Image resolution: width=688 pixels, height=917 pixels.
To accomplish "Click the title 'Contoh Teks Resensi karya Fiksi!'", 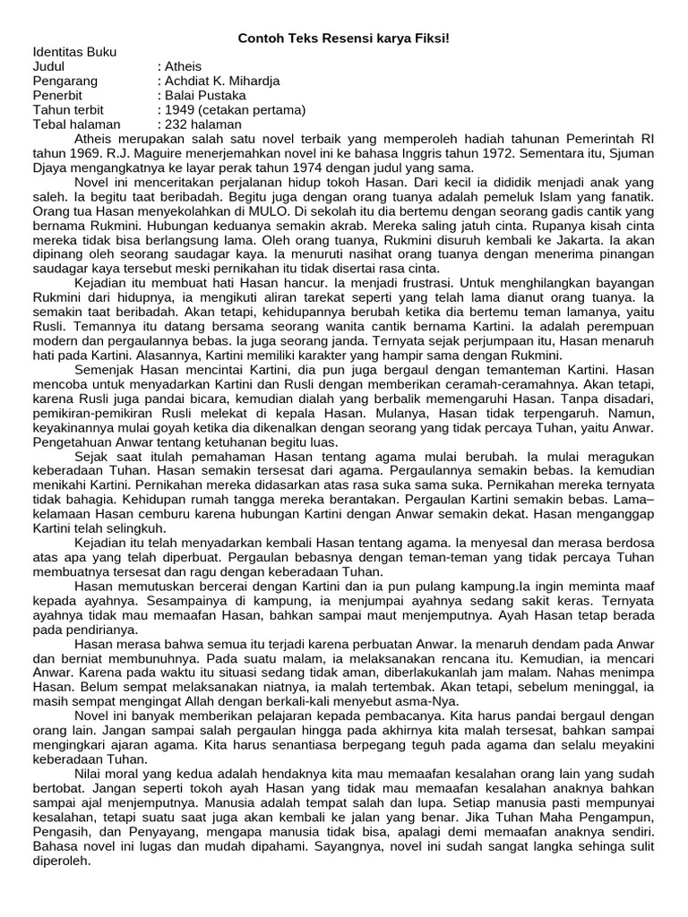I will click(x=343, y=39).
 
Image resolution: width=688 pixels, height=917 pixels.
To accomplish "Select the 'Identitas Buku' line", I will click(x=74, y=52).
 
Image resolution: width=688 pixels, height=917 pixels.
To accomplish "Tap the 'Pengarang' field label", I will click(x=64, y=81).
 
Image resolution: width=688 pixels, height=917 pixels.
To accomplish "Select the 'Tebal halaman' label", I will click(x=76, y=124).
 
